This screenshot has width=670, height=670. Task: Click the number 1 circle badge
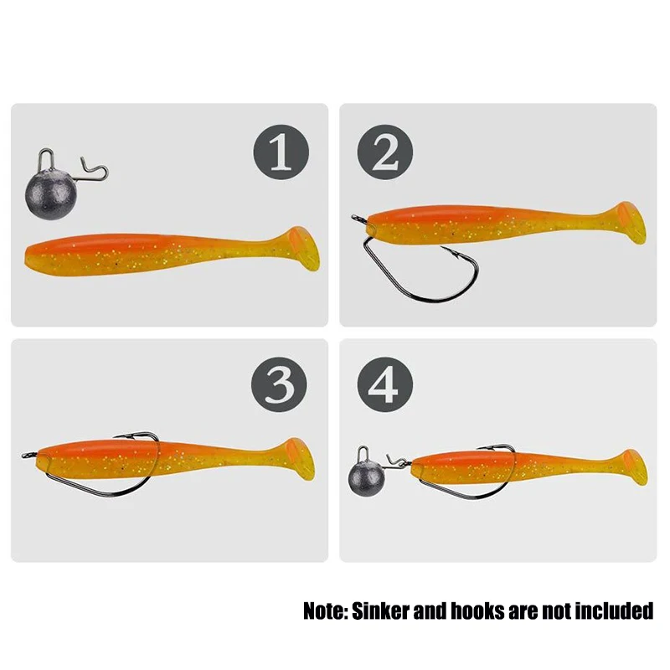click(281, 152)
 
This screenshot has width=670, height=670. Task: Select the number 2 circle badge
click(385, 152)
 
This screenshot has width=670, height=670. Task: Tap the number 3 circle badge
click(280, 385)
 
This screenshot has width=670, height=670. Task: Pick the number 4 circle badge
click(385, 385)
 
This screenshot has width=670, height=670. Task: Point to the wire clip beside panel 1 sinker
click(94, 171)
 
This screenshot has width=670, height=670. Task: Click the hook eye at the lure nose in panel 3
click(26, 456)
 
